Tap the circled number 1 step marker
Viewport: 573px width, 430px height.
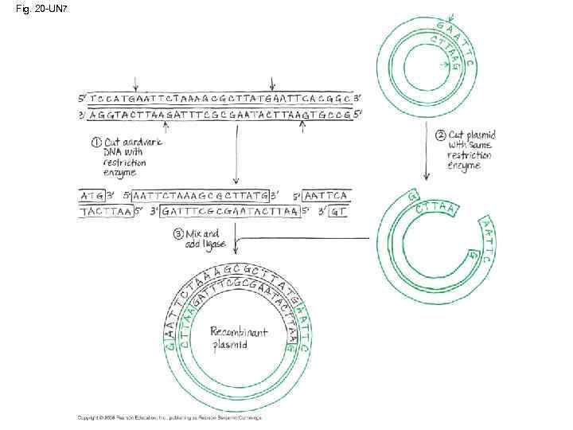[96, 143]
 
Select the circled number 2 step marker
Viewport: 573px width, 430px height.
[441, 135]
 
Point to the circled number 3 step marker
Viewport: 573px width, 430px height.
[179, 233]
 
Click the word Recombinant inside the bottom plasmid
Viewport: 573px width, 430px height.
[239, 332]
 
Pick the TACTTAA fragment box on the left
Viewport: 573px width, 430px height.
[105, 212]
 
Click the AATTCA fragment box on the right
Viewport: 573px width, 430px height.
[326, 195]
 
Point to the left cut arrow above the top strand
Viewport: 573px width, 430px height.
[137, 83]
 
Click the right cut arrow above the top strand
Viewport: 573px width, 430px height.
[273, 83]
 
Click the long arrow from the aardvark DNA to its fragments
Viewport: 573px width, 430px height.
[236, 151]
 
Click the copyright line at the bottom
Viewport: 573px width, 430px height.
[169, 417]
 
